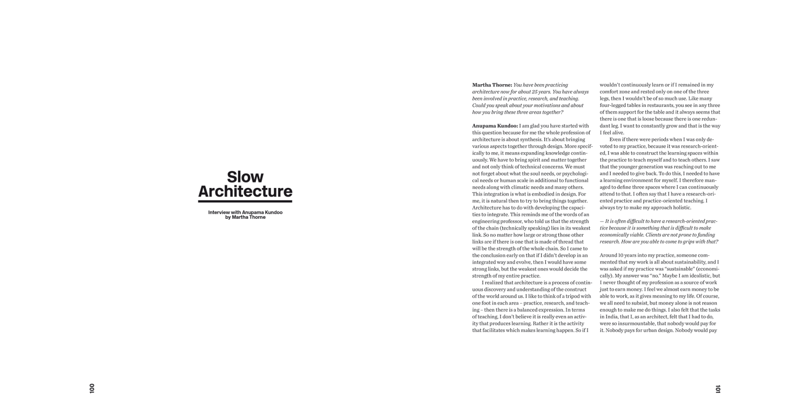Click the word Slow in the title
pyautogui.click(x=245, y=177)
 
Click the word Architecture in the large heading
pyautogui.click(x=245, y=191)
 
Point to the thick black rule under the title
pyautogui.click(x=245, y=201)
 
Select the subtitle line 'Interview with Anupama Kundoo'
pyautogui.click(x=245, y=212)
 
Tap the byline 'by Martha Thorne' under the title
pyautogui.click(x=245, y=217)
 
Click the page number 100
pyautogui.click(x=92, y=388)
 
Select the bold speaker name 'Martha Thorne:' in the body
pyautogui.click(x=492, y=85)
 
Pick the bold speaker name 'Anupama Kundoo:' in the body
pyautogui.click(x=495, y=126)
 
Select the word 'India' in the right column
pyautogui.click(x=611, y=316)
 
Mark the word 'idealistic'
pyautogui.click(x=698, y=275)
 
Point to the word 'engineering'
pyautogui.click(x=489, y=221)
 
